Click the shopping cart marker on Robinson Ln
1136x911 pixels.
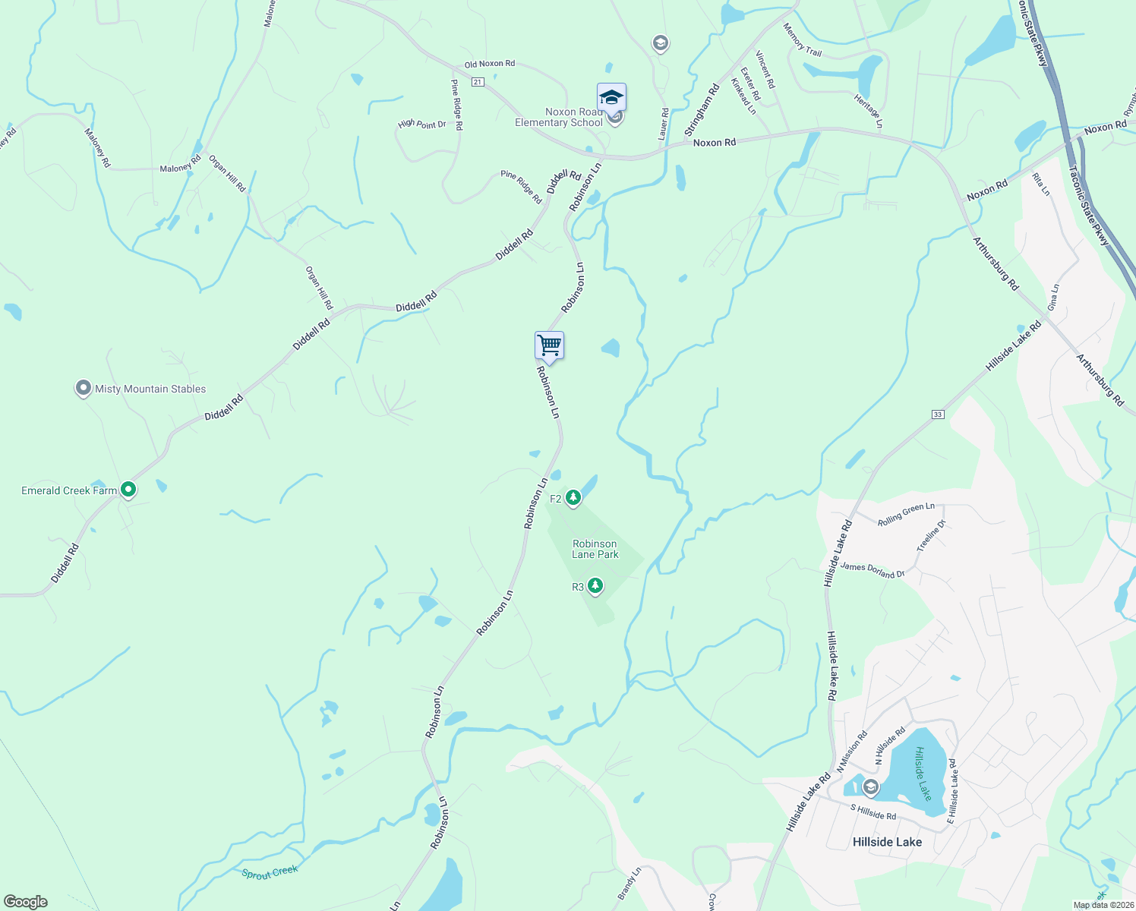pyautogui.click(x=549, y=346)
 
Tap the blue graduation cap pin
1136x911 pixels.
pyautogui.click(x=611, y=98)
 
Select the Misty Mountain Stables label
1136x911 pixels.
pyautogui.click(x=150, y=389)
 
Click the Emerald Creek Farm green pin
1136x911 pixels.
pyautogui.click(x=128, y=490)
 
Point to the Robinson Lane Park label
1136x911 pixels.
pyautogui.click(x=595, y=549)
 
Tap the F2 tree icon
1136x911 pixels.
pyautogui.click(x=573, y=498)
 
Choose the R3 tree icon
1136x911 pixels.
pyautogui.click(x=595, y=586)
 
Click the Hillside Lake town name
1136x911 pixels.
pyautogui.click(x=887, y=842)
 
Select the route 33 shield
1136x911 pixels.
pyautogui.click(x=938, y=415)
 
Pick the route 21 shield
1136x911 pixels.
pyautogui.click(x=477, y=82)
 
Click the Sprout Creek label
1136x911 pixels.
pyautogui.click(x=270, y=872)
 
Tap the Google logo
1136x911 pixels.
pyautogui.click(x=26, y=902)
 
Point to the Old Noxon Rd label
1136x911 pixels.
pyautogui.click(x=490, y=65)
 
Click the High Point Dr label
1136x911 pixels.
pyautogui.click(x=422, y=124)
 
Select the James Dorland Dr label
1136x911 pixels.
pyautogui.click(x=873, y=570)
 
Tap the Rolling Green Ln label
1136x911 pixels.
pyautogui.click(x=906, y=515)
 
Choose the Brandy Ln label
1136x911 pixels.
pyautogui.click(x=630, y=884)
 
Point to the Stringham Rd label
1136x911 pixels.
pyautogui.click(x=702, y=111)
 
